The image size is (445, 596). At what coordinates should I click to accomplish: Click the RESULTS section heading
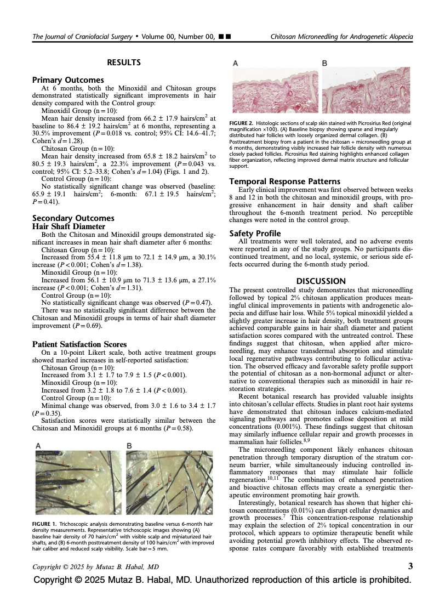(123, 63)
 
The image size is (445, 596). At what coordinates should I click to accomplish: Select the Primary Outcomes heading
(68, 80)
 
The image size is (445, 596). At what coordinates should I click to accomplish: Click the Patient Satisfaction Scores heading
(79, 344)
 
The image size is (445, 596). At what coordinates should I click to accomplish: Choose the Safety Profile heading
(255, 233)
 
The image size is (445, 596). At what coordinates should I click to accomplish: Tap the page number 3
(410, 566)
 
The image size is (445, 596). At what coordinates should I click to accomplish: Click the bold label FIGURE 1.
(45, 525)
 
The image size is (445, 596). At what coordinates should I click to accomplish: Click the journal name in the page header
(82, 37)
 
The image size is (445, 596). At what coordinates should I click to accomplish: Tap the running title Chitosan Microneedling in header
(341, 37)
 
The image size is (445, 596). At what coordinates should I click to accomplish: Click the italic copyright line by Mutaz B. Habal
(95, 566)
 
